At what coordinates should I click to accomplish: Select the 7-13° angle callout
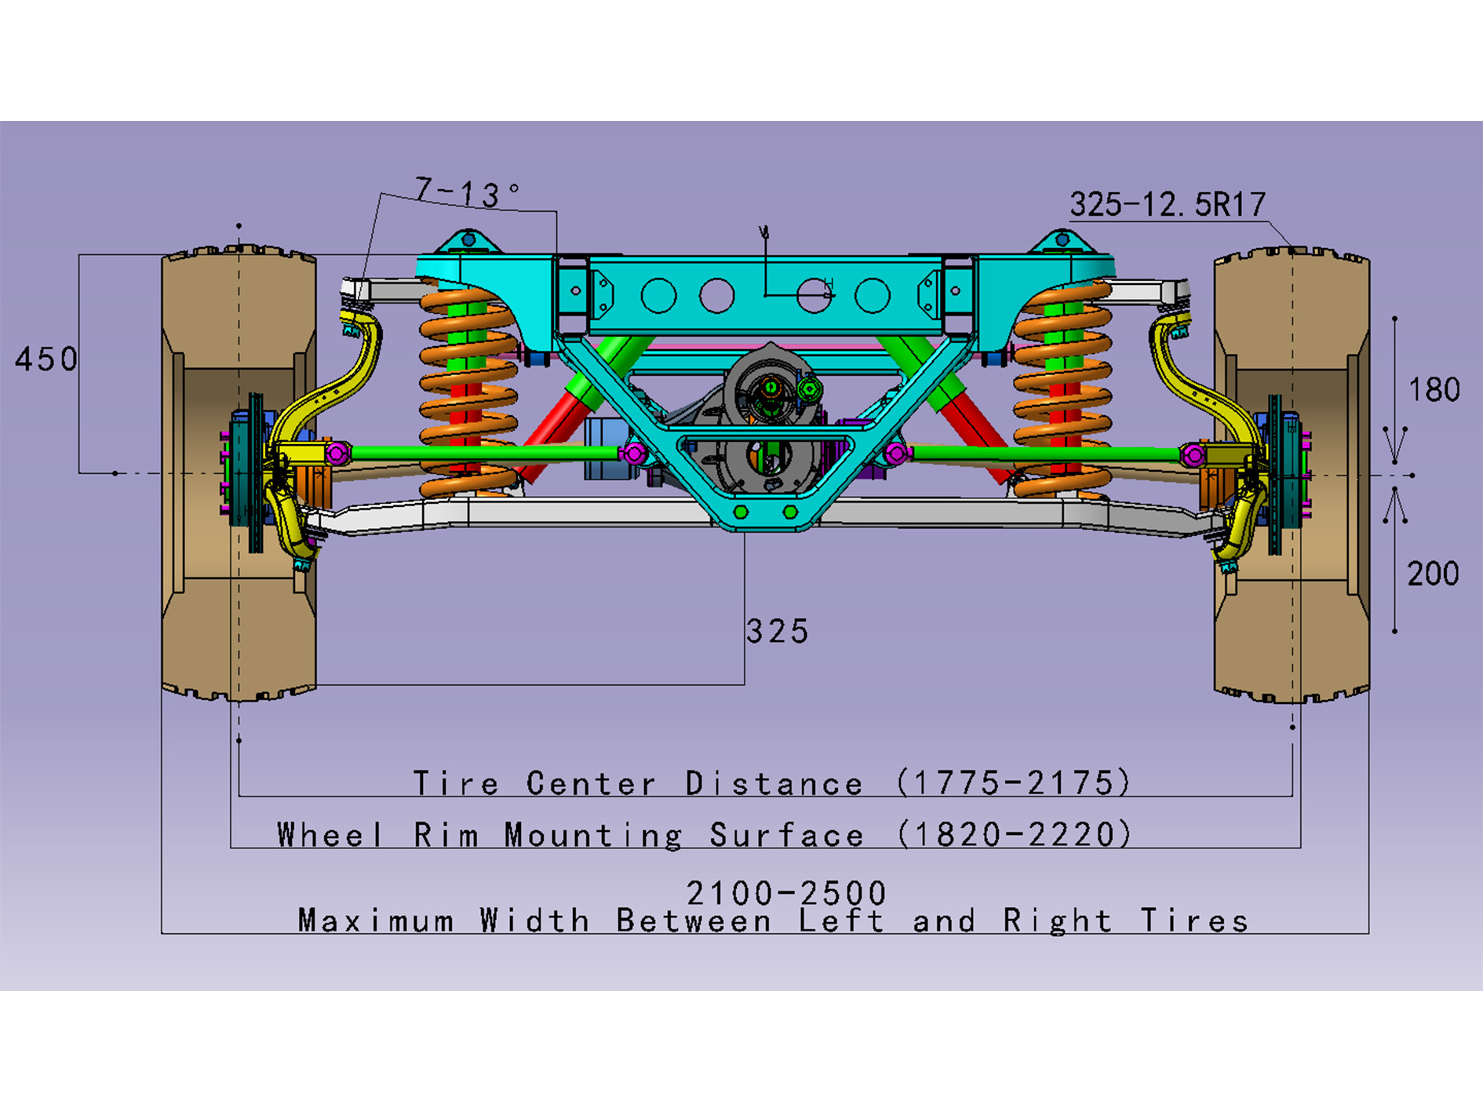pos(466,192)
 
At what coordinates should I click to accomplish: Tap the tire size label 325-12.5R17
pos(1168,205)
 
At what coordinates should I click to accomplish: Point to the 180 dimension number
pos(1434,390)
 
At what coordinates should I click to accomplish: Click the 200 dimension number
pos(1433,574)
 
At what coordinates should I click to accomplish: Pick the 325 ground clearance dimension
pos(777,632)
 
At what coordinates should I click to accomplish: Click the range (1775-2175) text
pos(1014,783)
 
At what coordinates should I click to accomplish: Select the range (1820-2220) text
pos(1014,834)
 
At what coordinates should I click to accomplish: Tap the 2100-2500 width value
pos(786,893)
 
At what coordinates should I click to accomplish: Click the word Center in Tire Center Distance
pos(591,784)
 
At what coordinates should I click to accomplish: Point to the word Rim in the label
pos(446,835)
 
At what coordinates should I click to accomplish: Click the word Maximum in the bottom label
pos(376,921)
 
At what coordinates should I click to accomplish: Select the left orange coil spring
pos(467,392)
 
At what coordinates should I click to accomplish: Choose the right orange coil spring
pos(1062,392)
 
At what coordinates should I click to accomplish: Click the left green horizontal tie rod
pos(486,453)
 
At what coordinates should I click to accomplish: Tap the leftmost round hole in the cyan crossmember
pos(658,297)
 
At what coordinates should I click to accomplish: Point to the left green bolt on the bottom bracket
pos(741,512)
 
